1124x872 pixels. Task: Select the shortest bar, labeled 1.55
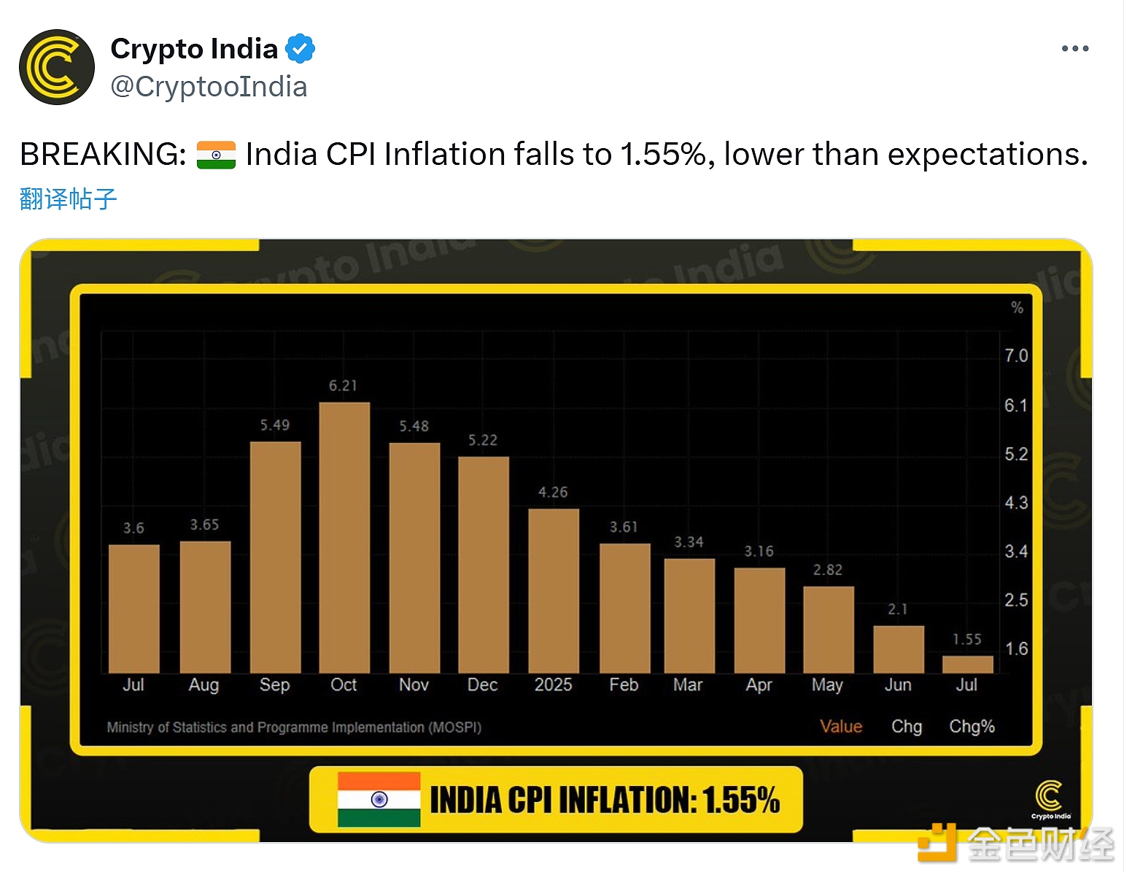pos(967,664)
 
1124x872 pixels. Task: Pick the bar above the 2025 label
pos(554,590)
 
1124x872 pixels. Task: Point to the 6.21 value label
pos(343,385)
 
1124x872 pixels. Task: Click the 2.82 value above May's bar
pos(828,570)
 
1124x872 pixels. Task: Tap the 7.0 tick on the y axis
pos(1016,356)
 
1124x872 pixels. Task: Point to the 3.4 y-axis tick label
pos(1016,552)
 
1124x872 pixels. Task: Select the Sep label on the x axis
pos(274,685)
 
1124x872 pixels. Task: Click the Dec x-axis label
pos(482,685)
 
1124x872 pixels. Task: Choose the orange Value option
pos(841,727)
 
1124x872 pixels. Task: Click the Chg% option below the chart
pos(972,727)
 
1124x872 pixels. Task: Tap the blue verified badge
pos(300,49)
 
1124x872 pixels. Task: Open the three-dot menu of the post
pos(1074,49)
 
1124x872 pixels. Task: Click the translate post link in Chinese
pos(68,198)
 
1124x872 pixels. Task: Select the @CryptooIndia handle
pos(209,87)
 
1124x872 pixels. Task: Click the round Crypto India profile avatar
pos(57,67)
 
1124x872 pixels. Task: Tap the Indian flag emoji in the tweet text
pos(216,155)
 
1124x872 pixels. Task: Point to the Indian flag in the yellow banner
pos(379,800)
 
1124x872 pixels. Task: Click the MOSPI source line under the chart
pos(294,728)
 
